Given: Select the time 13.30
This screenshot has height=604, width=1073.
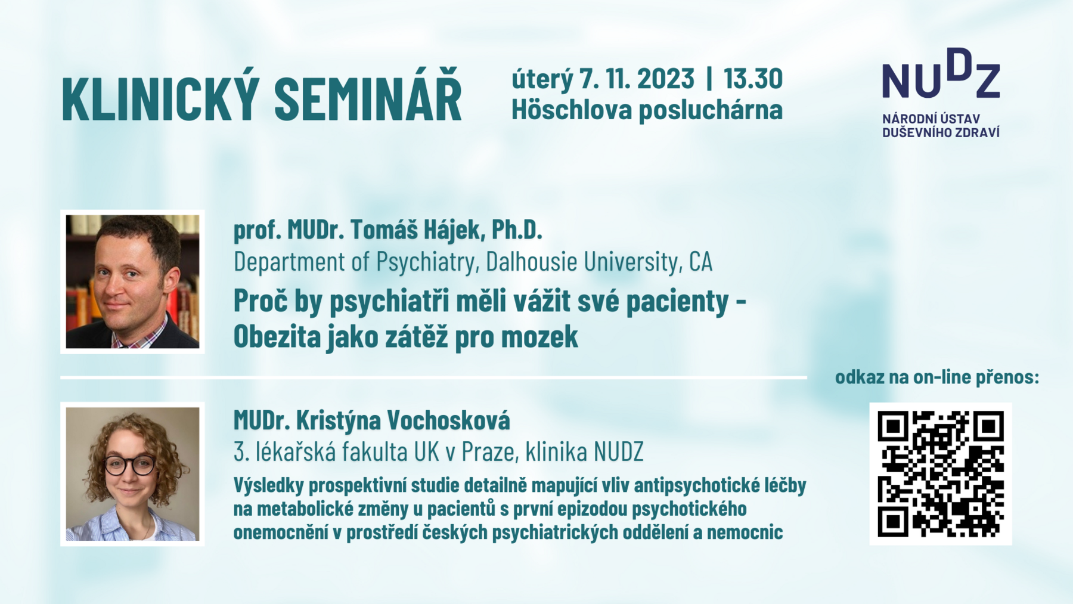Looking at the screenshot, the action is click(753, 79).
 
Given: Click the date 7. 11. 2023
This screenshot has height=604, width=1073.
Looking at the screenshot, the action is click(637, 79).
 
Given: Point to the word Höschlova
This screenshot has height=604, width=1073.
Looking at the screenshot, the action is click(572, 109).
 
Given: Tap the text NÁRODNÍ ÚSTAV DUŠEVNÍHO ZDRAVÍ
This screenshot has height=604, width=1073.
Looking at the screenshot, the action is click(941, 126).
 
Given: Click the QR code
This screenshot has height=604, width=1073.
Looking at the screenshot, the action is click(941, 474).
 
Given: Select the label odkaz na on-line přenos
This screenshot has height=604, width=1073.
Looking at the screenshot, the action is click(937, 377).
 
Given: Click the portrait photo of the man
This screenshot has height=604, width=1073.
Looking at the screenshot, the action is click(132, 281).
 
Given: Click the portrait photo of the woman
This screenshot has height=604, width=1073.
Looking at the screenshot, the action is click(132, 474).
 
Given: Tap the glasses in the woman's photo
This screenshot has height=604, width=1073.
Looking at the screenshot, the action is click(130, 465).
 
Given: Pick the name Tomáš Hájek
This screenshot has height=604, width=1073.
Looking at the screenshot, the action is click(415, 230).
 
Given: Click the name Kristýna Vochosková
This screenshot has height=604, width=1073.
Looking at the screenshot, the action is click(403, 420).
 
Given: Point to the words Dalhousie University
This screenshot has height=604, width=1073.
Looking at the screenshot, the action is click(582, 261).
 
